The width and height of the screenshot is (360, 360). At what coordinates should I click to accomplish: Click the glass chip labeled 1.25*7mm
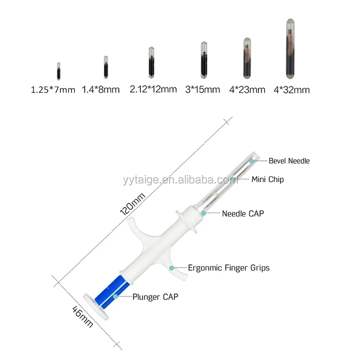click(x=58, y=71)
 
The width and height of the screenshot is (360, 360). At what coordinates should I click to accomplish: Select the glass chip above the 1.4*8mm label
click(x=106, y=67)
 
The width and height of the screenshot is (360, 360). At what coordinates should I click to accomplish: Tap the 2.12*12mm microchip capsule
click(x=151, y=63)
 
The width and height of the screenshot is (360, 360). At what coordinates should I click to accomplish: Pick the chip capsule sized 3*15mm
click(x=204, y=60)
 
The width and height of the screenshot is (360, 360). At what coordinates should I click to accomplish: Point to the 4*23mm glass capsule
click(x=247, y=58)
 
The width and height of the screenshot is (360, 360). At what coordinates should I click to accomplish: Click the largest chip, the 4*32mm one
click(x=290, y=49)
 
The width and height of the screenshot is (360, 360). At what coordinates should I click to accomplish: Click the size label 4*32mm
click(x=292, y=90)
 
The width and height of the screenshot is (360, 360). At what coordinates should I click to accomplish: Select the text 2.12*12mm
click(x=153, y=89)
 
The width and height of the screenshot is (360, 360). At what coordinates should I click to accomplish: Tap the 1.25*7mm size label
click(x=53, y=90)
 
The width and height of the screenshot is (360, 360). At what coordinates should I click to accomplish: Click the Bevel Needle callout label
click(x=289, y=161)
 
